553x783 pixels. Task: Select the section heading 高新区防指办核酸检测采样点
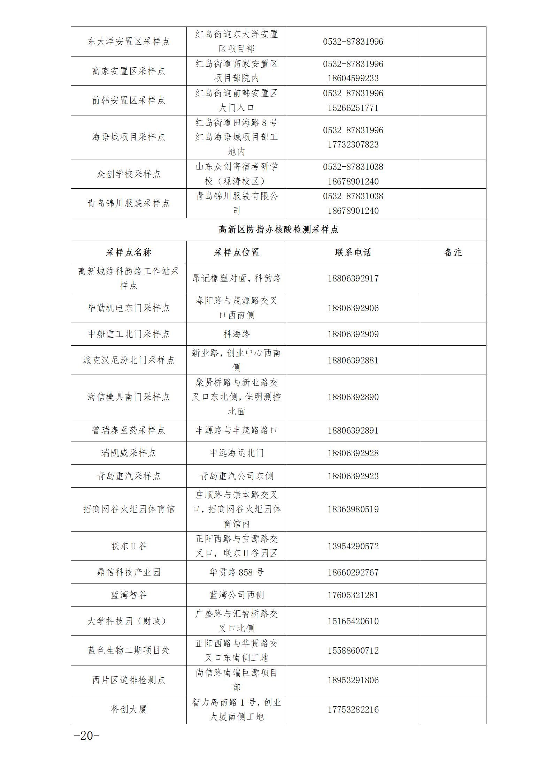[x=278, y=229]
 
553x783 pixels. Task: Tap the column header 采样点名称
[x=129, y=253]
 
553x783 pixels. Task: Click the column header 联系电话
[x=353, y=253]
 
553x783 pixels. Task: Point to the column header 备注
[x=453, y=253]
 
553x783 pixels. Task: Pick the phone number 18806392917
[x=353, y=279]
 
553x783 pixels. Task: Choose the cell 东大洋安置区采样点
[x=129, y=42]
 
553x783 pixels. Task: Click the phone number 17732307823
[x=353, y=144]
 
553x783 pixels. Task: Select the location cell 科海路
[x=237, y=334]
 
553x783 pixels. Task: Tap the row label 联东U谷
[x=129, y=546]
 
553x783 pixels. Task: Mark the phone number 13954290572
[x=353, y=546]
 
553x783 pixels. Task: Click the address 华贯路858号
[x=237, y=572]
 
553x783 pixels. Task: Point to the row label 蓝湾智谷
[x=129, y=595]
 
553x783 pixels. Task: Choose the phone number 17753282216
[x=353, y=709]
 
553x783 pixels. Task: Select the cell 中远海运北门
[x=237, y=453]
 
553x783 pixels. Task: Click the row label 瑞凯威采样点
[x=129, y=453]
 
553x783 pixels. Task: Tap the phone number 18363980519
[x=353, y=509]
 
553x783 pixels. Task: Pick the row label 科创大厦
[x=129, y=709]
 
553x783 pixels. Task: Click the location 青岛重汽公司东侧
[x=237, y=476]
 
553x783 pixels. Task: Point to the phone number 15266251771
[x=353, y=108]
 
